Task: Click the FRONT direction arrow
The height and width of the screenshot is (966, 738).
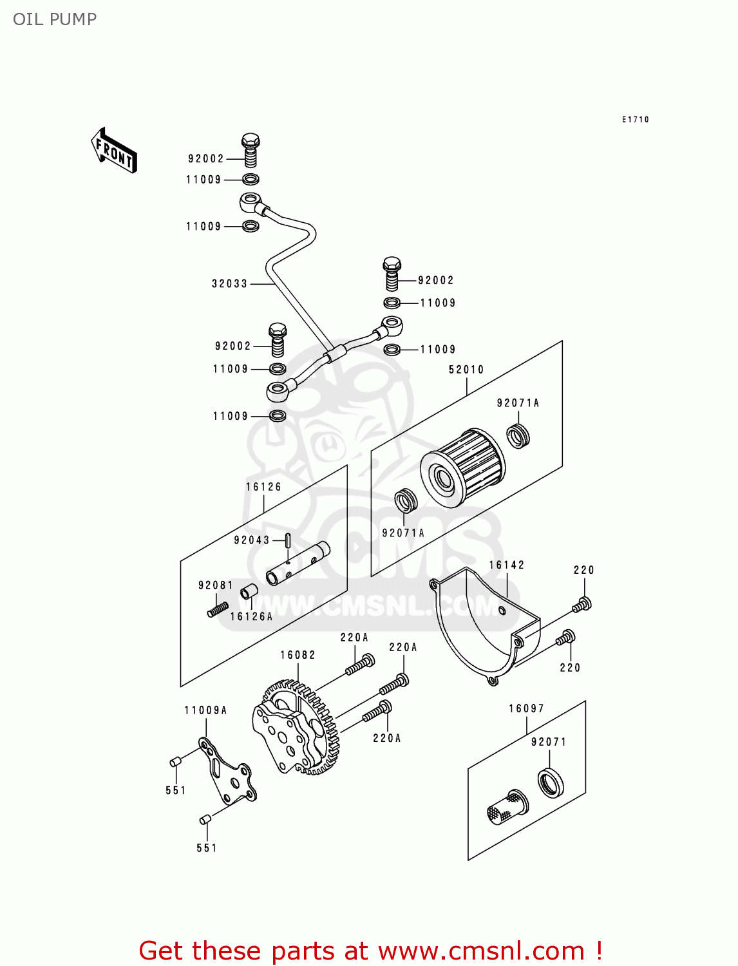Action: point(114,151)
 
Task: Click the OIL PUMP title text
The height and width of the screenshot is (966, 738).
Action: point(55,19)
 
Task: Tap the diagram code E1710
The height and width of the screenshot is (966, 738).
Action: point(635,120)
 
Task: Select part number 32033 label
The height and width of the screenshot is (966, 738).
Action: point(229,284)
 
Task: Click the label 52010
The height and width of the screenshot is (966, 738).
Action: point(466,370)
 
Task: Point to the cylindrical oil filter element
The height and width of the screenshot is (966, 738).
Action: point(462,468)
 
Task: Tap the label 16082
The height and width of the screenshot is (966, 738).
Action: point(298,655)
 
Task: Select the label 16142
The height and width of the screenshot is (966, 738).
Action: point(507,565)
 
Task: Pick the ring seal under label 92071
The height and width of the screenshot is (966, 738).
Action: point(550,783)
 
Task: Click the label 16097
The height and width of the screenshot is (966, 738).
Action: point(526,708)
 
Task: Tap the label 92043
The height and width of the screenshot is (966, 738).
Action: point(251,540)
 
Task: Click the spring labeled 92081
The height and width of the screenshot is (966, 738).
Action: point(218,609)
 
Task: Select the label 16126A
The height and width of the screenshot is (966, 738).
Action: point(251,616)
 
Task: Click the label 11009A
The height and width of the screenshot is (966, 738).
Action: point(205,710)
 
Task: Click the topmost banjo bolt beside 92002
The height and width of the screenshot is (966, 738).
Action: point(251,151)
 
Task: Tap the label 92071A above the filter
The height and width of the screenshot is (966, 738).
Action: point(518,402)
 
